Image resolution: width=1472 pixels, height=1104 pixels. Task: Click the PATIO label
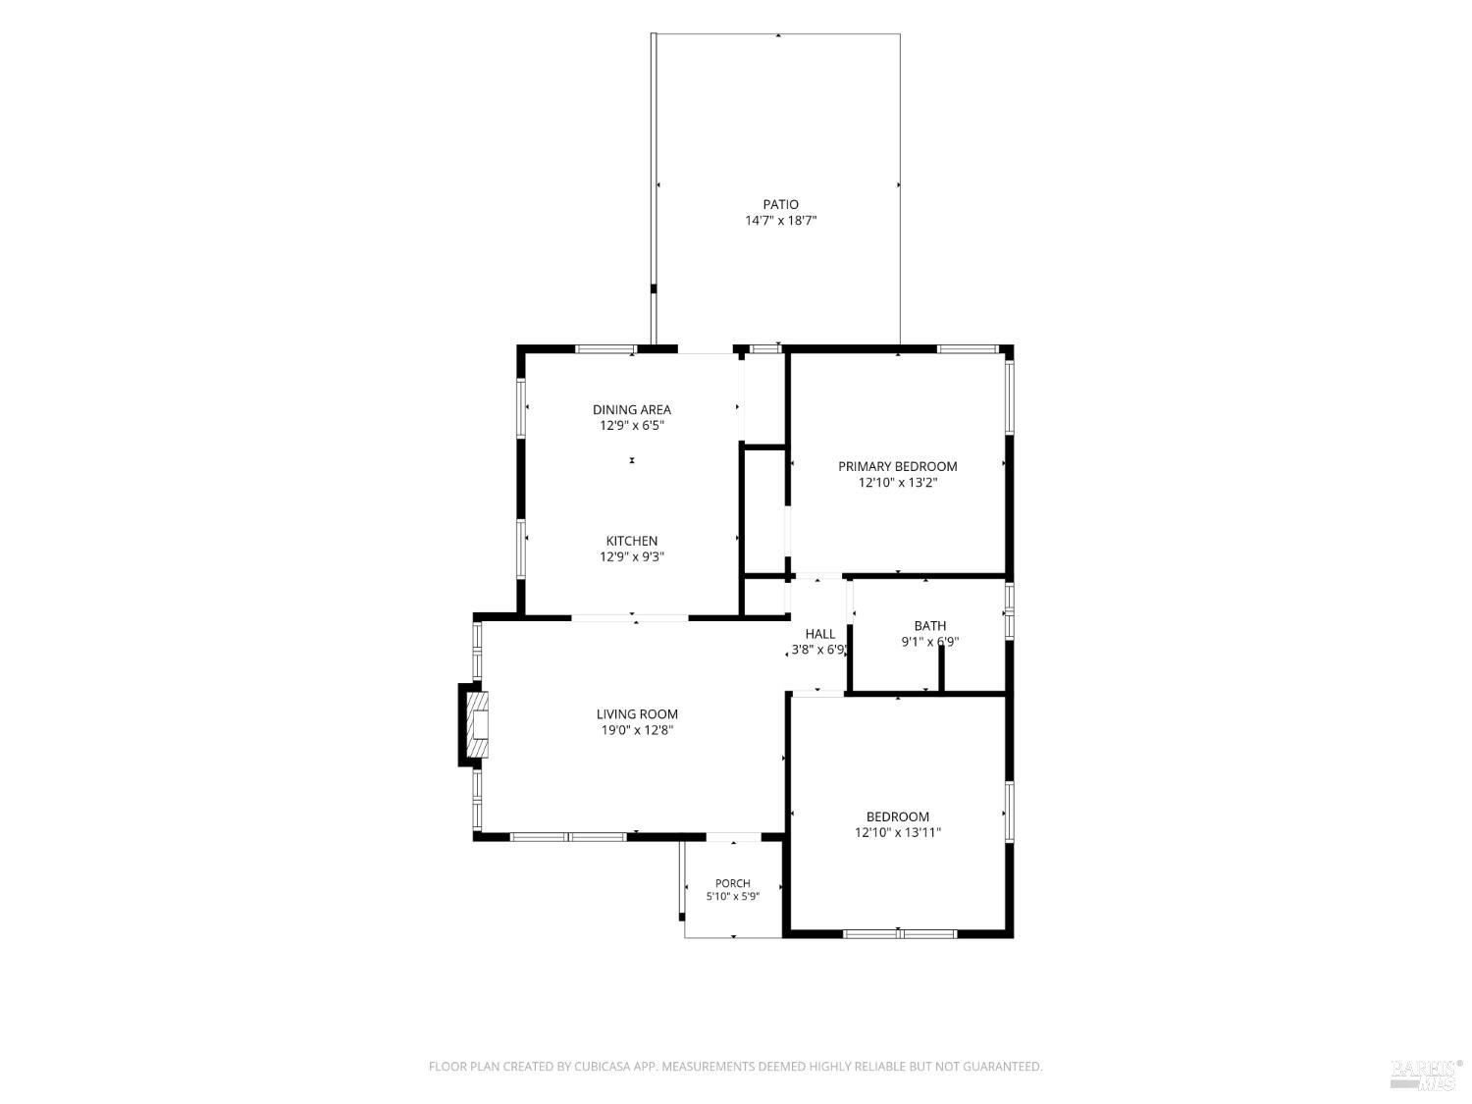tap(780, 204)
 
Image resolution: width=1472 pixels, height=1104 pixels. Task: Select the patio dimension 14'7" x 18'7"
tap(780, 221)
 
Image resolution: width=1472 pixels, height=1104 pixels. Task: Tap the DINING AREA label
tap(632, 409)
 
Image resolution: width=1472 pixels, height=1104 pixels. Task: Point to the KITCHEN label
tap(632, 541)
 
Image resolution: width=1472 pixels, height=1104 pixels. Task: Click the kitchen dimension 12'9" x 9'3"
tap(632, 556)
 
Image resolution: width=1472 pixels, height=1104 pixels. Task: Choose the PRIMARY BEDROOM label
tap(897, 466)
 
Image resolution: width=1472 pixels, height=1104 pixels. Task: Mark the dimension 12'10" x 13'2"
tap(897, 483)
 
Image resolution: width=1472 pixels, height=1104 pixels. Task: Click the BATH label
tap(930, 626)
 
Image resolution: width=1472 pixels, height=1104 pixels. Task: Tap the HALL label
tap(820, 634)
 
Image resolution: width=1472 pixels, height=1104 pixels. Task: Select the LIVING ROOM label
tap(637, 714)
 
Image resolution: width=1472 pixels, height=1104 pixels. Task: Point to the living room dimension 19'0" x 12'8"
tap(637, 731)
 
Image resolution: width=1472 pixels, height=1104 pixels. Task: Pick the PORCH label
tap(732, 883)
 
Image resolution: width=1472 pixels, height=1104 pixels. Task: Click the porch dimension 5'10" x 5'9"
tap(732, 897)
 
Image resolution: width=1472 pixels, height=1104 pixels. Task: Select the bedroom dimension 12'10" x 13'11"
tap(897, 832)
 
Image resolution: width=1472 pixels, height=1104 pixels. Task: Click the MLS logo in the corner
tap(1427, 1077)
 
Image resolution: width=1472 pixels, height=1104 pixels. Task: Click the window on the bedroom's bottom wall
tap(899, 934)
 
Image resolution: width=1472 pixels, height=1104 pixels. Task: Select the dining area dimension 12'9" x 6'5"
tap(632, 426)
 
